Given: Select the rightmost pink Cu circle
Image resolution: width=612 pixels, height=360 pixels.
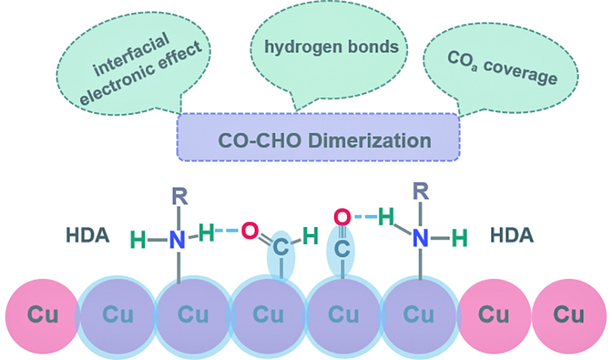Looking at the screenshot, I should (x=569, y=315).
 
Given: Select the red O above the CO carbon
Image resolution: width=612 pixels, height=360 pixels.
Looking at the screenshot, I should (x=342, y=216).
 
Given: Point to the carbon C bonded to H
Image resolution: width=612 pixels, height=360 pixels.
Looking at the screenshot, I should (x=280, y=248).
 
